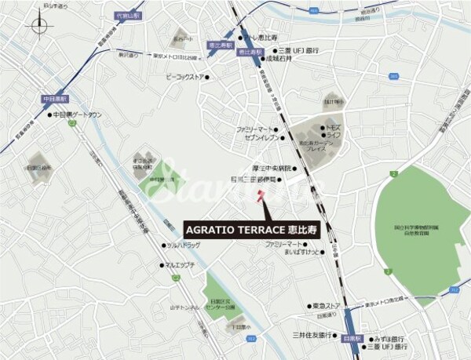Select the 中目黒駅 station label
[56, 99]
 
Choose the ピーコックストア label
[186, 77]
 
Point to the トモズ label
[334, 126]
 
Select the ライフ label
[333, 135]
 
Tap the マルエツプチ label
[179, 265]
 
